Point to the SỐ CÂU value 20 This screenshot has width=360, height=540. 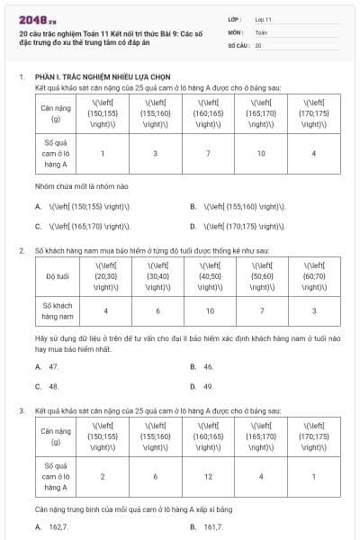pos(258,44)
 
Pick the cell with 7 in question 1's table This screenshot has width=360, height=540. pos(208,153)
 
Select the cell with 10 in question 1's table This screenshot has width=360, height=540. pos(261,153)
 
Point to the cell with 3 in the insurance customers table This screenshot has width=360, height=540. pos(314,311)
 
